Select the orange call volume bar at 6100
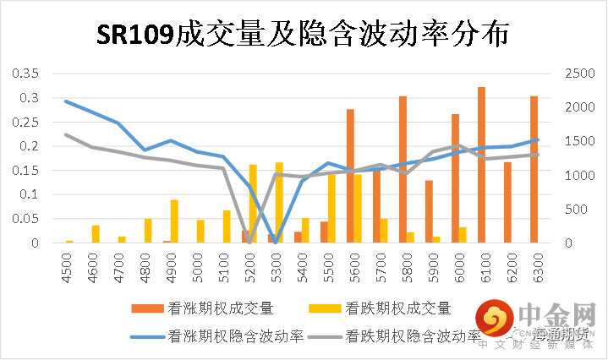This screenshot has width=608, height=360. pyautogui.click(x=481, y=165)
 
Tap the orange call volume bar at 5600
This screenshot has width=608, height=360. pyautogui.click(x=350, y=176)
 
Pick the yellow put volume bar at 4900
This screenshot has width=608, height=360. pyautogui.click(x=174, y=221)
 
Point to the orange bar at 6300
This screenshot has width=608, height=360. pyautogui.click(x=534, y=169)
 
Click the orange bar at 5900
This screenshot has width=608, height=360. pyautogui.click(x=429, y=211)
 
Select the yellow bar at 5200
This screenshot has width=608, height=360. pyautogui.click(x=253, y=204)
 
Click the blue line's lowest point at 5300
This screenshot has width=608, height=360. pyautogui.click(x=275, y=242)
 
